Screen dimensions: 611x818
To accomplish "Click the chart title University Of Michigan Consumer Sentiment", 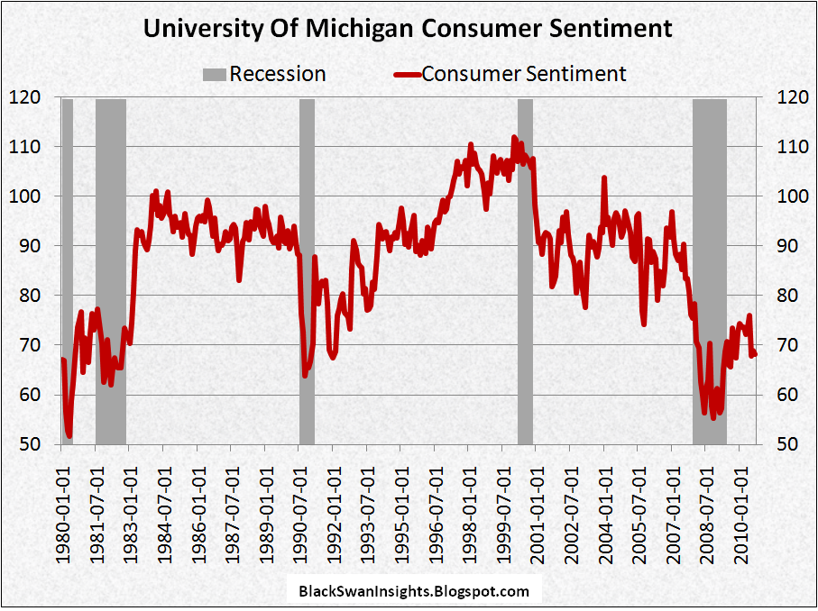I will pyautogui.click(x=409, y=28).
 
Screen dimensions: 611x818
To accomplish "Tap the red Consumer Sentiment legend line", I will pyautogui.click(x=408, y=74).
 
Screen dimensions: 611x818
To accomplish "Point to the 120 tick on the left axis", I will pyautogui.click(x=23, y=96).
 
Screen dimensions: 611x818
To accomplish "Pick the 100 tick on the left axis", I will pyautogui.click(x=23, y=196).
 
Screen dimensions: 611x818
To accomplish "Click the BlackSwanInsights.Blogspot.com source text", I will pyautogui.click(x=413, y=591).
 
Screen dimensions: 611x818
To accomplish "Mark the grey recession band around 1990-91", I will pyautogui.click(x=307, y=270).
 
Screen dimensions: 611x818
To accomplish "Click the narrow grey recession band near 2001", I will pyautogui.click(x=525, y=270).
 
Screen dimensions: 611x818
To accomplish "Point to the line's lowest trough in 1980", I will pyautogui.click(x=69, y=436).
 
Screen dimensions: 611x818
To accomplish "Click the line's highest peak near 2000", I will pyautogui.click(x=514, y=137).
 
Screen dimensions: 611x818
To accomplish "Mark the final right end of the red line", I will pyautogui.click(x=755, y=354).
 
